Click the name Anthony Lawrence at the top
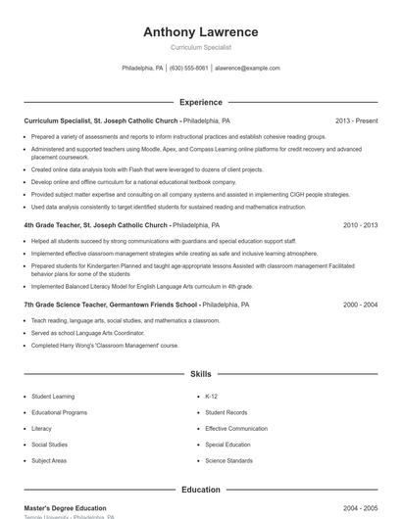pyautogui.click(x=200, y=31)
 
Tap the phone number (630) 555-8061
pyautogui.click(x=188, y=69)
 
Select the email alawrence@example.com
pyautogui.click(x=247, y=69)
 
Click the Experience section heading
pyautogui.click(x=200, y=102)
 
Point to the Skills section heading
pyautogui.click(x=200, y=374)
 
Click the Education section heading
pyautogui.click(x=200, y=490)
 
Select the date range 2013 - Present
pyautogui.click(x=356, y=120)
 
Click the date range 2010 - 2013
pyautogui.click(x=360, y=225)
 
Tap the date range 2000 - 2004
pyautogui.click(x=360, y=305)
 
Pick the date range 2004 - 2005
pyautogui.click(x=360, y=508)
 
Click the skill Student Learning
pyautogui.click(x=53, y=397)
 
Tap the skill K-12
pyautogui.click(x=211, y=397)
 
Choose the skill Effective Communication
pyautogui.click(x=235, y=428)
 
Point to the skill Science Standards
pyautogui.click(x=228, y=460)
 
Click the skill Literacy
pyautogui.click(x=41, y=428)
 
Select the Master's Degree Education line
pyautogui.click(x=65, y=508)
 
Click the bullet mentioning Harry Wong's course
pyautogui.click(x=105, y=345)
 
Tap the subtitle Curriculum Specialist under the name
pyautogui.click(x=200, y=47)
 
